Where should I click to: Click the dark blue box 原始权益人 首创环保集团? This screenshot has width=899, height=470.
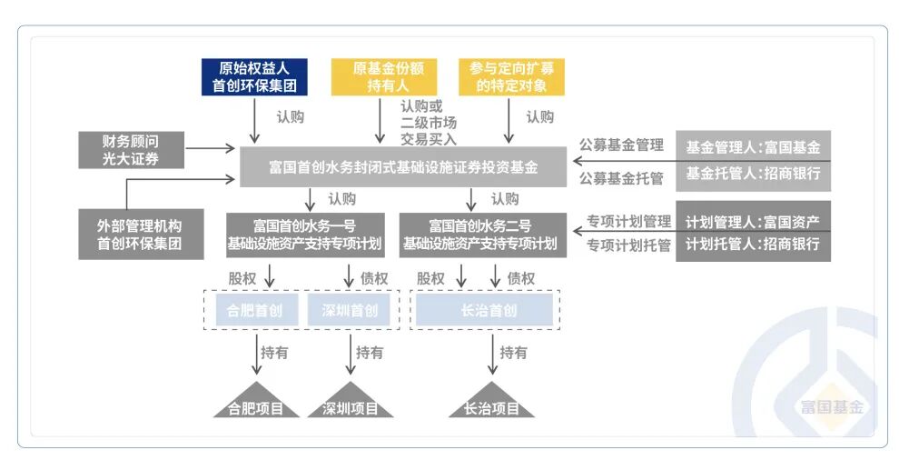pos(254,77)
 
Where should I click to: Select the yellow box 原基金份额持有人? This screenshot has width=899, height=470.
pos(382,77)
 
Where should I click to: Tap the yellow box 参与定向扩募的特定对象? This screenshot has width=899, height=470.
pos(511,77)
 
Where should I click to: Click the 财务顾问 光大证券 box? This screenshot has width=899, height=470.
pos(131,150)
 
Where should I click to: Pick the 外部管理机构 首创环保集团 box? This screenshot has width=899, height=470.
pos(139,234)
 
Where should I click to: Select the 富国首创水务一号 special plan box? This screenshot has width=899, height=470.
pos(304,235)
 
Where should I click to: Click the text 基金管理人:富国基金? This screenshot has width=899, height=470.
pos(753,146)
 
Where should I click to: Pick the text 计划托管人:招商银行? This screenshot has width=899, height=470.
pos(753,244)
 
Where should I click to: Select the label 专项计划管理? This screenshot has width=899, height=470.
pos(628,221)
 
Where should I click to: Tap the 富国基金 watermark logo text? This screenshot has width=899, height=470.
pos(832,405)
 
